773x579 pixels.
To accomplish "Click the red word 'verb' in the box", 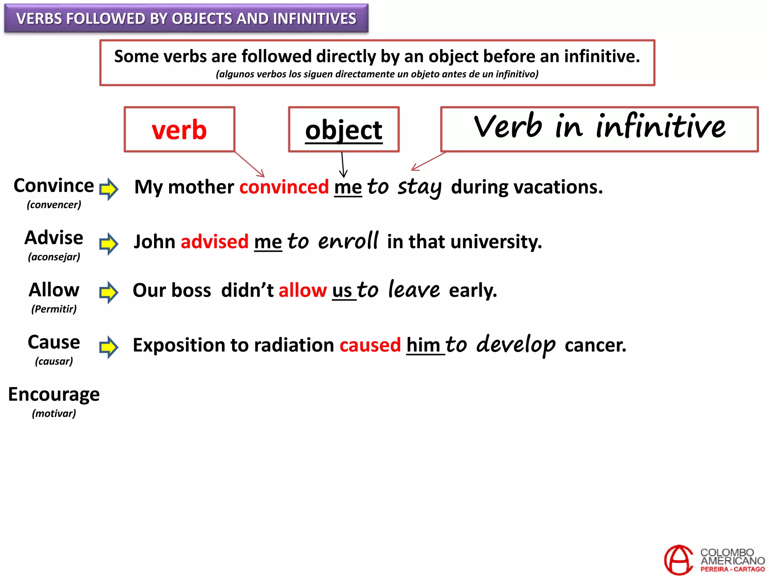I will pyautogui.click(x=179, y=130).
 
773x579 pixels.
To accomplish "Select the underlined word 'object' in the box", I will pyautogui.click(x=343, y=130).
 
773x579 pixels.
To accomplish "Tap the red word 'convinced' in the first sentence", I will pyautogui.click(x=284, y=187).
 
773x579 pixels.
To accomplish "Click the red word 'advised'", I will pyautogui.click(x=214, y=242).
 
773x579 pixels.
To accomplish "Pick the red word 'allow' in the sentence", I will pyautogui.click(x=302, y=290).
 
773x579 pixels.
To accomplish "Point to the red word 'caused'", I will pyautogui.click(x=370, y=345).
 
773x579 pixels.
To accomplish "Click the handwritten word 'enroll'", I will pyautogui.click(x=348, y=241).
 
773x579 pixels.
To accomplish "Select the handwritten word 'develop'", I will pyautogui.click(x=516, y=345).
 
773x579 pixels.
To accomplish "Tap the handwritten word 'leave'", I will pyautogui.click(x=414, y=289).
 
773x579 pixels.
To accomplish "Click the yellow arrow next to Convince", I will pyautogui.click(x=109, y=188).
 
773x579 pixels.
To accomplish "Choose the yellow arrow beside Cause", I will pyautogui.click(x=109, y=347).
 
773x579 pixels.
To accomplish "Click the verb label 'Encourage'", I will pyautogui.click(x=54, y=395).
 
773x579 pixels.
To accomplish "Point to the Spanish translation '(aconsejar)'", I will pyautogui.click(x=54, y=257).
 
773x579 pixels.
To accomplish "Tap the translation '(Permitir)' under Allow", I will pyautogui.click(x=54, y=309).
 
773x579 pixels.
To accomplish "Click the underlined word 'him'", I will pyautogui.click(x=423, y=345).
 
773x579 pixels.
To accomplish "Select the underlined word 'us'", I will pyautogui.click(x=342, y=291).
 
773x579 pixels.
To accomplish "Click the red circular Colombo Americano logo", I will pyautogui.click(x=679, y=560).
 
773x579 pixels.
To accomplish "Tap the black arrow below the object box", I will pyautogui.click(x=343, y=165).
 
